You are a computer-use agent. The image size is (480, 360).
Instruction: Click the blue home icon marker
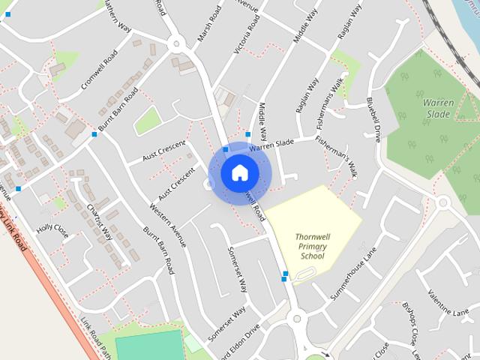239,172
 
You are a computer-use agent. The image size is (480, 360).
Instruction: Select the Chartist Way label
99,222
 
